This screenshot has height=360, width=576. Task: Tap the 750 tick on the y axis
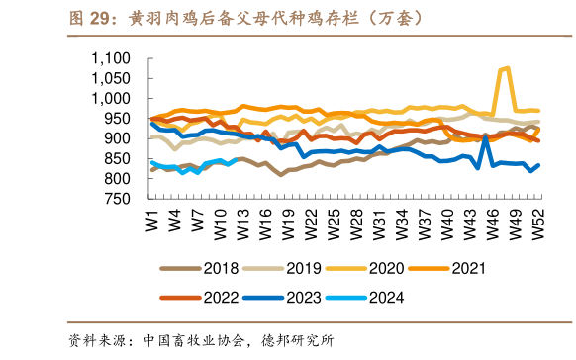[119, 199]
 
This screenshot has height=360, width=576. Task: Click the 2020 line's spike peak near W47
[507, 68]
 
